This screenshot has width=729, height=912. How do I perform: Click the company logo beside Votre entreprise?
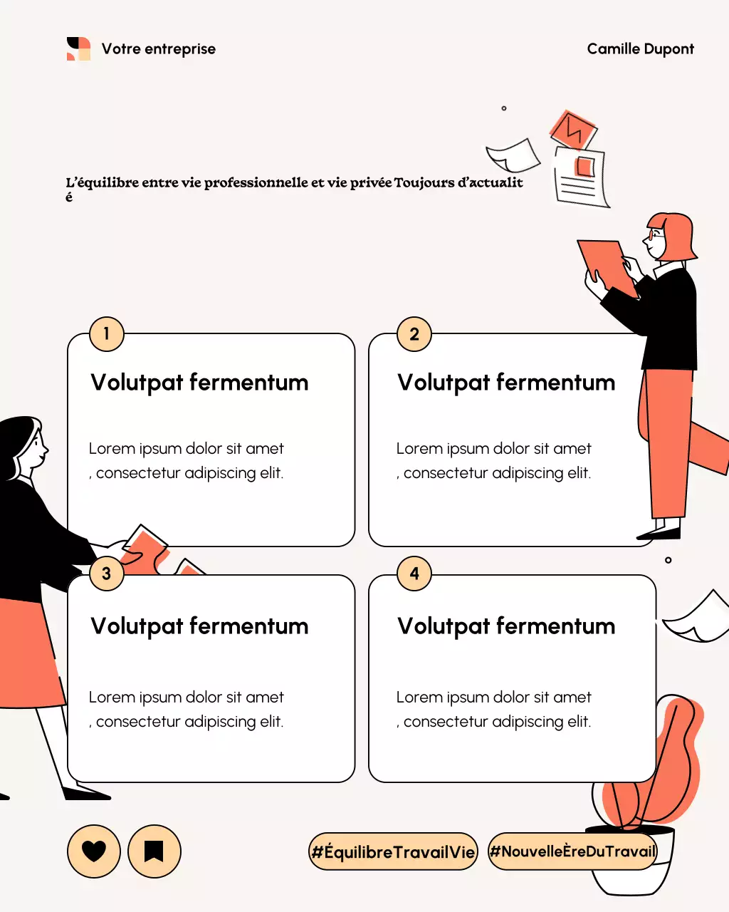(x=78, y=49)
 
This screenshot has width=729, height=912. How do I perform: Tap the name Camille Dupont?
(x=640, y=49)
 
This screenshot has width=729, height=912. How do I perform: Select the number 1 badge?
(x=107, y=334)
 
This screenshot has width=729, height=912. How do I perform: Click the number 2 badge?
(x=414, y=334)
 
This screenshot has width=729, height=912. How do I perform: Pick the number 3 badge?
(x=107, y=574)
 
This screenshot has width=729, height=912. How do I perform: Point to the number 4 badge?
(x=414, y=574)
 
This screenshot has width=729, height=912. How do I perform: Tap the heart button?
(x=93, y=851)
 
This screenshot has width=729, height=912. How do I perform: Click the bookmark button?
(x=154, y=851)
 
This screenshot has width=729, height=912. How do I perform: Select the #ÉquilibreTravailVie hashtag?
(x=393, y=851)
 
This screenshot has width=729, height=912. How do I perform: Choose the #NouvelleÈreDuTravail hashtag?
(x=572, y=851)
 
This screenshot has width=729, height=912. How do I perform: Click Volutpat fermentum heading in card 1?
(x=199, y=383)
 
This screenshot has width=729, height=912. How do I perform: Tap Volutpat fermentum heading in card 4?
(x=506, y=626)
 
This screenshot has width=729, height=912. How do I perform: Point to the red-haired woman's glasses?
(x=654, y=234)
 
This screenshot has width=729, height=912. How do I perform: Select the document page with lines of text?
(x=580, y=178)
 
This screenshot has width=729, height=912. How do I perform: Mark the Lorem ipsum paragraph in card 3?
(x=187, y=710)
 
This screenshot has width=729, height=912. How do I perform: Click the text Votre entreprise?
(x=158, y=49)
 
